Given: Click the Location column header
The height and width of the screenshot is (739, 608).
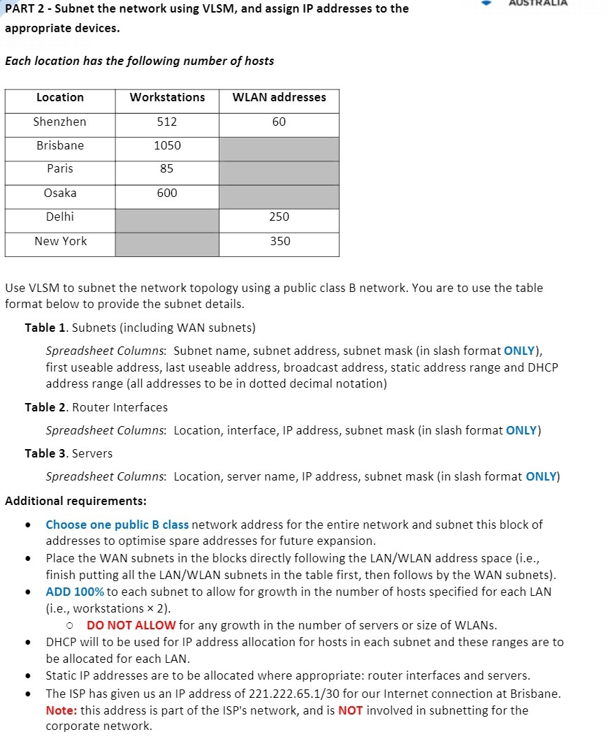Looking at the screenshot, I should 60,98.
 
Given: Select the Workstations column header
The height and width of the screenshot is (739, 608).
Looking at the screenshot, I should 167,98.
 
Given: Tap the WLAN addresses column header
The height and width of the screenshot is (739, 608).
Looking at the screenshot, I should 279,98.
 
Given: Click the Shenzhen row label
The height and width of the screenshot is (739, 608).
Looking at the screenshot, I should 60,122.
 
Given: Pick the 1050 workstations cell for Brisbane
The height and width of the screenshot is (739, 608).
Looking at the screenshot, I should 167,145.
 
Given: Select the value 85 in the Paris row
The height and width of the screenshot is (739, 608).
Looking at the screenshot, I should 167,168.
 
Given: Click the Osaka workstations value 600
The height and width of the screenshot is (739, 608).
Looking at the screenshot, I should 167,193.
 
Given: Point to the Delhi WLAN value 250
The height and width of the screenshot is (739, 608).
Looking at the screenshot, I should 279,217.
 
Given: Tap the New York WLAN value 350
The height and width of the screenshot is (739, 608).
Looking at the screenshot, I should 279,241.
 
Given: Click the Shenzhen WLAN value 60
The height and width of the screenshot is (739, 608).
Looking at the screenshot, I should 279,122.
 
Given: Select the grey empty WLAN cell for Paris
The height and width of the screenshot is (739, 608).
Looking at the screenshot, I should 279,169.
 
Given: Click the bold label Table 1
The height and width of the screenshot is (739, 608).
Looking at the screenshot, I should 46,328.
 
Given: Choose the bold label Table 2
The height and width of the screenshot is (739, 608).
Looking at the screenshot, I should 46,407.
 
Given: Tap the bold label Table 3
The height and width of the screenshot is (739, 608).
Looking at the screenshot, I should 46,453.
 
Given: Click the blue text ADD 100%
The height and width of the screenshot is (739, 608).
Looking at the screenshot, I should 75,592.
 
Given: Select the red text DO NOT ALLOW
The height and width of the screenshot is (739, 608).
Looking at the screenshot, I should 131,625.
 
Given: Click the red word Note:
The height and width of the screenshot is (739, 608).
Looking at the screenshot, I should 61,710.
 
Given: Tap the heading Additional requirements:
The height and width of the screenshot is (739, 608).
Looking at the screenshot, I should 75,501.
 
